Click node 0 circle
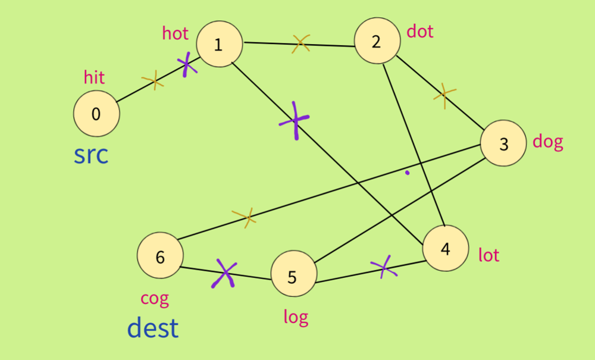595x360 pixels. tap(96, 114)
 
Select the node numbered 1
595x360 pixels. tap(219, 44)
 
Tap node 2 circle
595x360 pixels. tap(376, 42)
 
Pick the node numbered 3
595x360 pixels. tap(503, 143)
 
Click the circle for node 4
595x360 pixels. tap(446, 249)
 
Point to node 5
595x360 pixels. tap(293, 276)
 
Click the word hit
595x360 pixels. tap(94, 77)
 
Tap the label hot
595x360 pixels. tap(175, 33)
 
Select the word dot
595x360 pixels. tap(420, 31)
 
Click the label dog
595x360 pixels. tap(547, 142)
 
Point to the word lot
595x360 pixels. tap(488, 255)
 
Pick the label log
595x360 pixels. tap(296, 317)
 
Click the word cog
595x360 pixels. tap(155, 298)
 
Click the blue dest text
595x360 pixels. tap(153, 328)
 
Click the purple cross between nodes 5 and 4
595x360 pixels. tap(384, 267)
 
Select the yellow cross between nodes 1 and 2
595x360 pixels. tap(300, 43)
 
